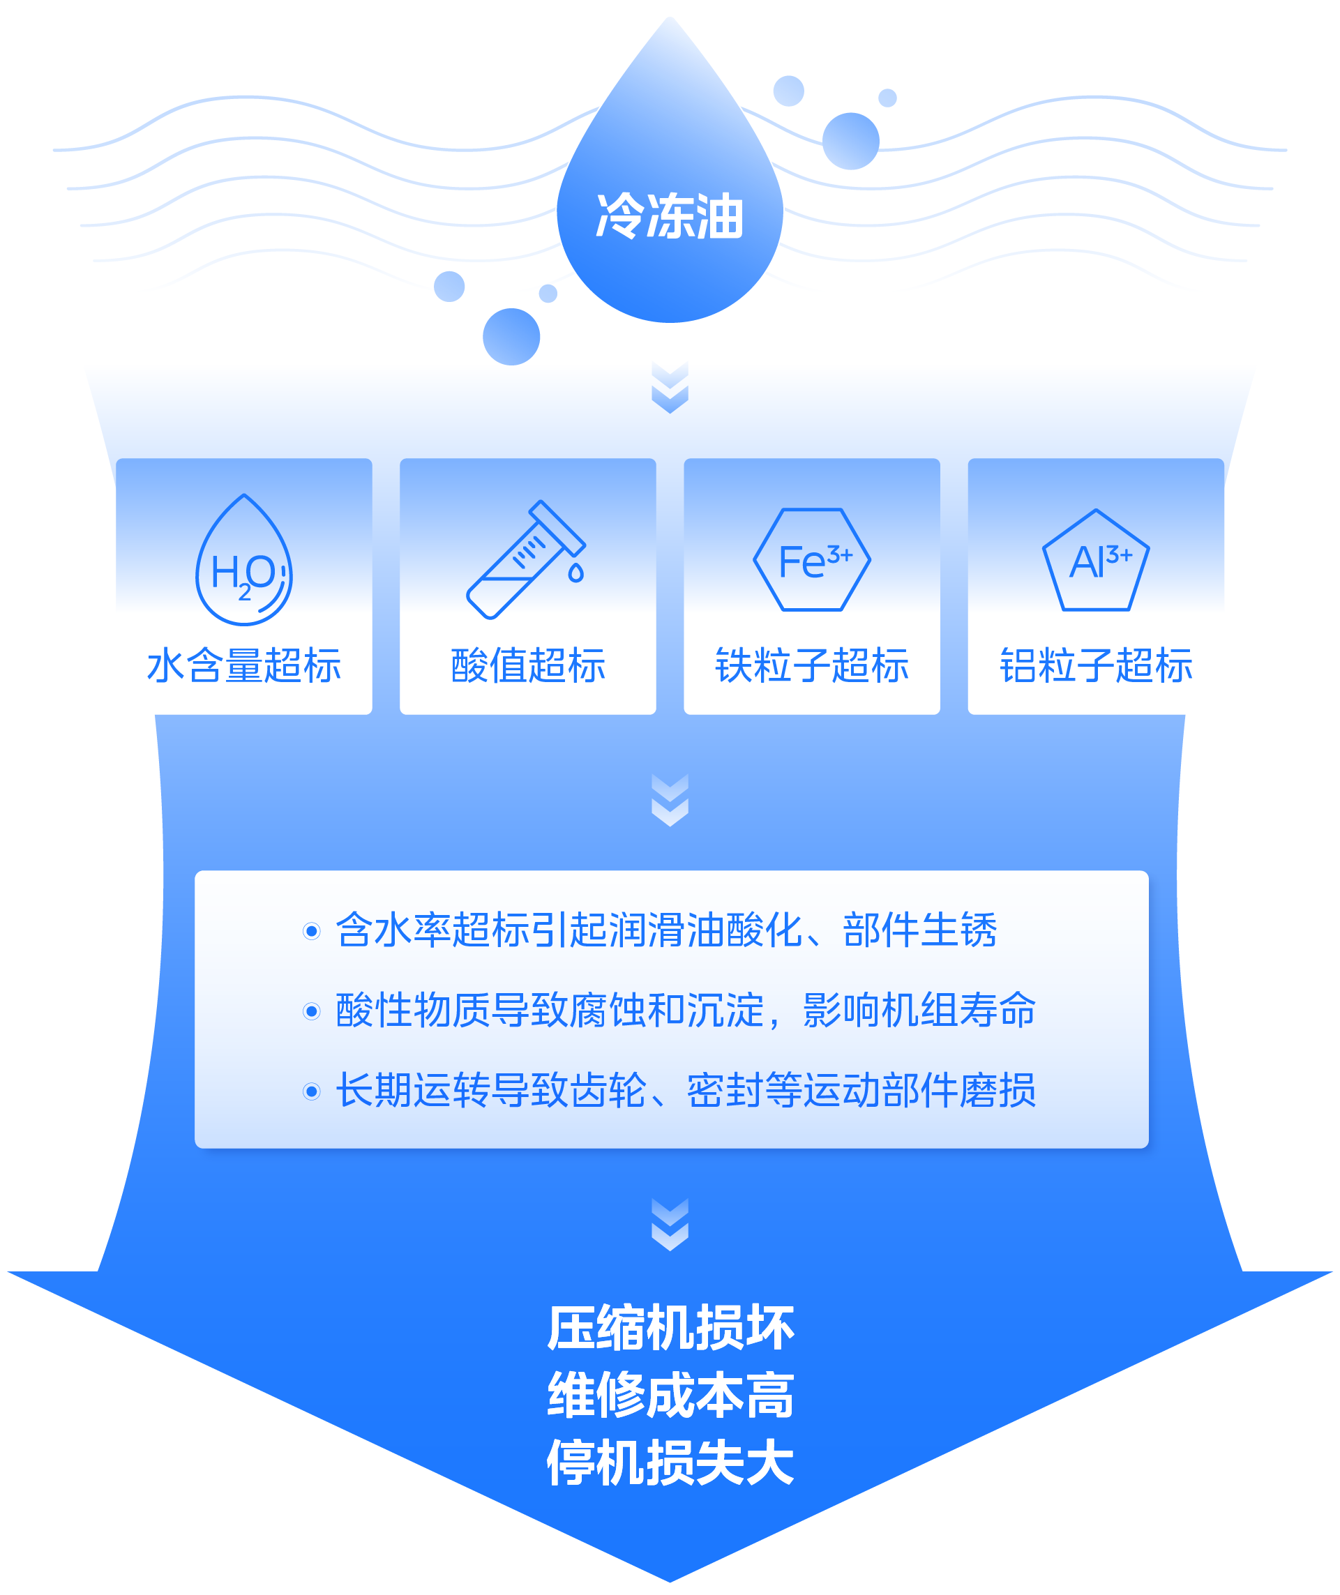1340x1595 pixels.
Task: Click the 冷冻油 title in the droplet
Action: click(669, 216)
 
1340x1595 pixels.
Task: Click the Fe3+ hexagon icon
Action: click(812, 560)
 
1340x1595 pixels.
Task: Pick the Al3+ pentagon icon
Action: click(1095, 561)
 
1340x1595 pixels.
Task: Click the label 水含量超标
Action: click(244, 665)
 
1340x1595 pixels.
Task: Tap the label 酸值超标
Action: click(528, 665)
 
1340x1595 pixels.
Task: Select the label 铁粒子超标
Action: click(812, 665)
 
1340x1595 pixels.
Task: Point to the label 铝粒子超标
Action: click(1096, 665)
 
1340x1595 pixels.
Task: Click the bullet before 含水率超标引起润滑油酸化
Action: click(311, 931)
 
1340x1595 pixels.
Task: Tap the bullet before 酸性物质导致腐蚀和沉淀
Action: click(311, 1012)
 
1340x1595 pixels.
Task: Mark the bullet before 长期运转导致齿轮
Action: click(311, 1091)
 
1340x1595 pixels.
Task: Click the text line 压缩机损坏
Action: click(670, 1329)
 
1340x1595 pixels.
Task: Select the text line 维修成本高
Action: click(670, 1396)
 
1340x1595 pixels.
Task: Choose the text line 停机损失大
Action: click(670, 1462)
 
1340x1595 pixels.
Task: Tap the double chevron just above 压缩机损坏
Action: click(670, 1225)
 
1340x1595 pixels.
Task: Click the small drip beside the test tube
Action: click(575, 573)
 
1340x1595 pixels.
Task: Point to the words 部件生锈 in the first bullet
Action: click(919, 930)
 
